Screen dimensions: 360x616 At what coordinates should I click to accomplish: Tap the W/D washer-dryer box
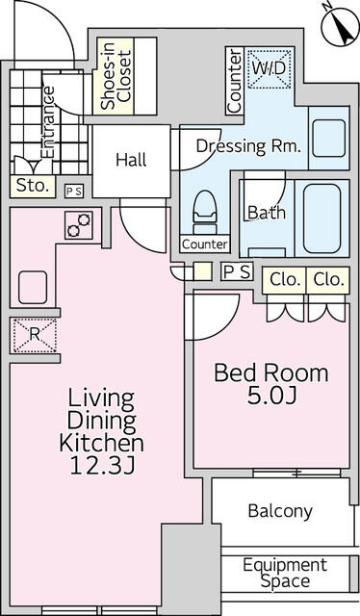[x=270, y=68]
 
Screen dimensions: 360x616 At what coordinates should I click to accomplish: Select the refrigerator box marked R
[x=35, y=335]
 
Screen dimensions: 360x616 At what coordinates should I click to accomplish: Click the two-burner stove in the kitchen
[x=79, y=225]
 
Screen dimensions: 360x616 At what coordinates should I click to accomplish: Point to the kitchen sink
[x=33, y=287]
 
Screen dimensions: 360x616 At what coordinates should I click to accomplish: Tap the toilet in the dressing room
[x=205, y=212]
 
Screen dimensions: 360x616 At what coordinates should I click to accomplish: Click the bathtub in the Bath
[x=321, y=218]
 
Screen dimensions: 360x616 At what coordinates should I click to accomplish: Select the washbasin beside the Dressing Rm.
[x=329, y=139]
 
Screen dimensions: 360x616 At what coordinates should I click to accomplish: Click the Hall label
[x=131, y=161]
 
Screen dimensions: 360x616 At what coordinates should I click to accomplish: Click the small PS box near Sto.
[x=74, y=192]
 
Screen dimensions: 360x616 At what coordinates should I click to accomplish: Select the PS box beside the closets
[x=237, y=271]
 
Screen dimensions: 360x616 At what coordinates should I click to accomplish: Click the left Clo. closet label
[x=285, y=280]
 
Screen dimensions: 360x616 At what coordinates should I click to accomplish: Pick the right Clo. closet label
[x=328, y=280]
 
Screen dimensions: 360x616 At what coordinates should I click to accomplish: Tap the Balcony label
[x=280, y=511]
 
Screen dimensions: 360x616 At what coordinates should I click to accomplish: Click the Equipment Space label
[x=285, y=573]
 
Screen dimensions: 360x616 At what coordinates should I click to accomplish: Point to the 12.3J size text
[x=102, y=467]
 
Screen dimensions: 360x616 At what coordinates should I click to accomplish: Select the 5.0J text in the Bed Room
[x=271, y=396]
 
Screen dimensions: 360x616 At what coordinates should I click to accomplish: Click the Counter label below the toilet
[x=205, y=244]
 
